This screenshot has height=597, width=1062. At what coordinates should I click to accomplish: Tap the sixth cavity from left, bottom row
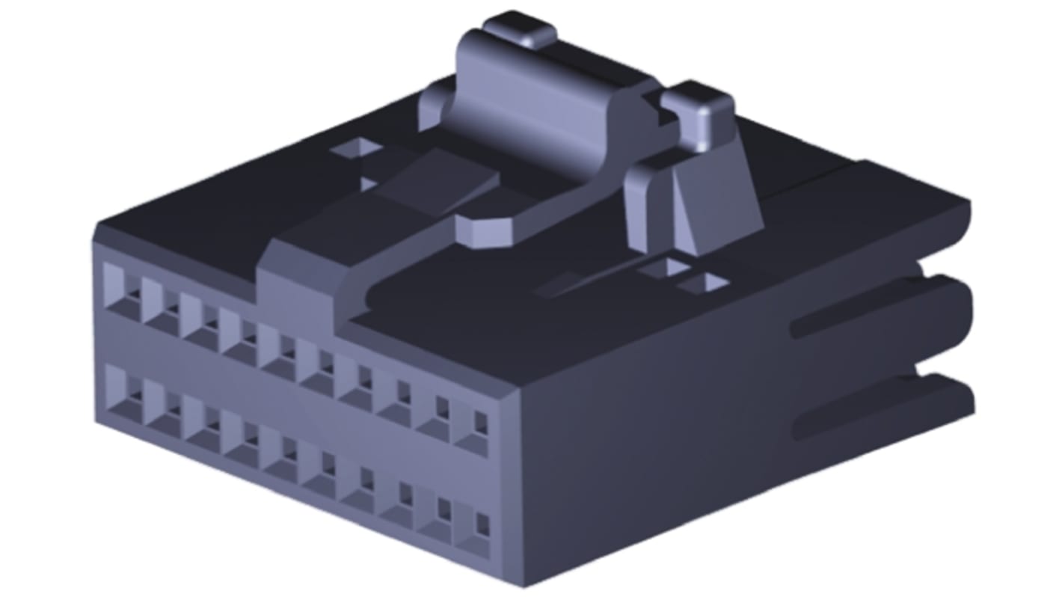tap(319, 466)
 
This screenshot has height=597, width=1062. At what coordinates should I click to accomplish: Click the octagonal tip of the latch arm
tap(486, 229)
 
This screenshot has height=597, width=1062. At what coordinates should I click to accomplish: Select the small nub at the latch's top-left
tap(518, 31)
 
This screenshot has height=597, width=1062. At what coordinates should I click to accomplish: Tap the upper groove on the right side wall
tap(860, 318)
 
